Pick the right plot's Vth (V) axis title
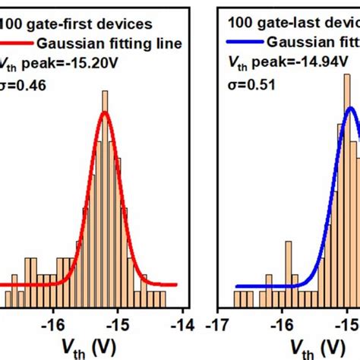312,349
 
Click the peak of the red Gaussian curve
105,113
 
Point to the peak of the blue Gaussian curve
351,108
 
